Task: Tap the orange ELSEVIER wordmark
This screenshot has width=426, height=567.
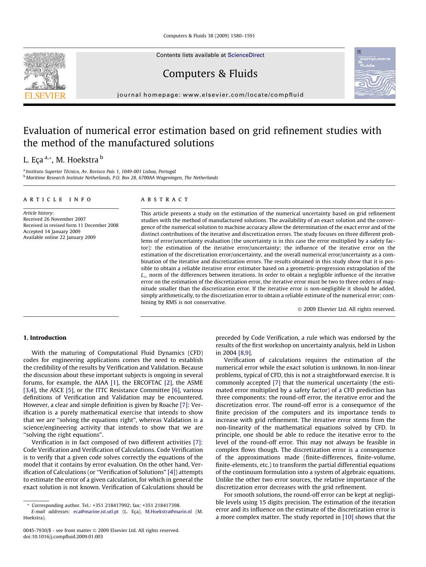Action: (45, 96)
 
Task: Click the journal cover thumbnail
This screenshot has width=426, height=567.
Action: (375, 73)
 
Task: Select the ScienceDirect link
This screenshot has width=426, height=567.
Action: (246, 55)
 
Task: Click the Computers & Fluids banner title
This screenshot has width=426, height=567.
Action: (210, 73)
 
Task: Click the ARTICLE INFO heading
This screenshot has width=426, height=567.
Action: (57, 200)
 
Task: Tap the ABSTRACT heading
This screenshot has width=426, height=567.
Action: (165, 200)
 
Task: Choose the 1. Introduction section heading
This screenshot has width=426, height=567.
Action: (45, 338)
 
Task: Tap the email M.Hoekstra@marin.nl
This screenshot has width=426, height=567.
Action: (168, 511)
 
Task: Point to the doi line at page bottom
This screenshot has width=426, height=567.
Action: (63, 536)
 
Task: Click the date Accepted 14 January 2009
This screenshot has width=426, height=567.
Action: (51, 231)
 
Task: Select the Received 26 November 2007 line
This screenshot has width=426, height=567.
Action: (54, 219)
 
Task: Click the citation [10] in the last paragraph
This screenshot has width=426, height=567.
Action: (348, 517)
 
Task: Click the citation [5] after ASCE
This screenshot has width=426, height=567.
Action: (70, 390)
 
